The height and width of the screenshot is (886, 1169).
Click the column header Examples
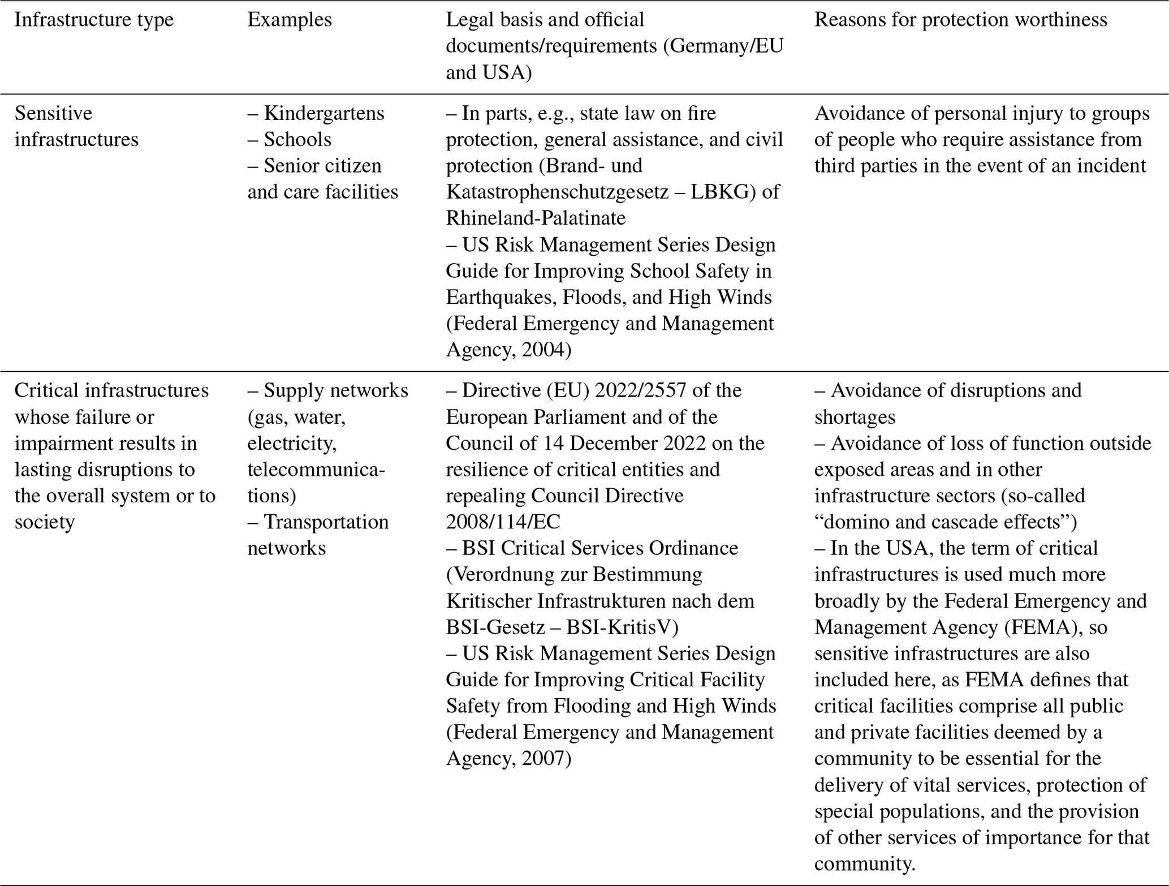tap(290, 20)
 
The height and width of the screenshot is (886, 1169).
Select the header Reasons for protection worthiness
tap(960, 20)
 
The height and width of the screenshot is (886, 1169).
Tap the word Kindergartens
tap(324, 113)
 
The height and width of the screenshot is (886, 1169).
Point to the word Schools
tap(297, 140)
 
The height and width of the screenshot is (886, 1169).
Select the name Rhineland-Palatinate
tap(536, 218)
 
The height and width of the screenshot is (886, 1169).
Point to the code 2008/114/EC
tap(503, 522)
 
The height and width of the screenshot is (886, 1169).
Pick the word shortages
tap(855, 417)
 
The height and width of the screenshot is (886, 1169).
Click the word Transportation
tap(326, 522)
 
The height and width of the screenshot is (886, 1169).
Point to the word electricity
tap(292, 443)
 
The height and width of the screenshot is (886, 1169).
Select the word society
tap(45, 522)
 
